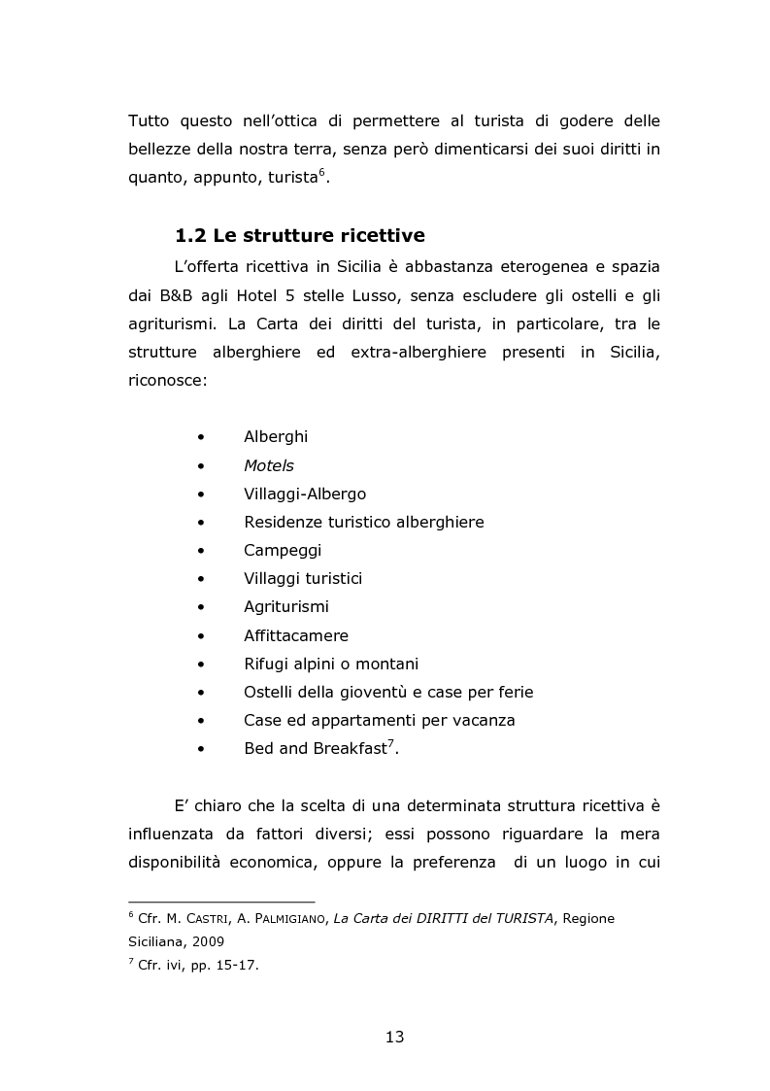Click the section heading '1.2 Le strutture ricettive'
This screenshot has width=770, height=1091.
click(299, 236)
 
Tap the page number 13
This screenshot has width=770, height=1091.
click(394, 1037)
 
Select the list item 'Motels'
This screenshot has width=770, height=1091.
click(269, 465)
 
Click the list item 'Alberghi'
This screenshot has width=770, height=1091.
click(276, 437)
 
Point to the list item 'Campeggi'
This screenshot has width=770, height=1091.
click(283, 550)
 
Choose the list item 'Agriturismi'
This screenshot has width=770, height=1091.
click(286, 607)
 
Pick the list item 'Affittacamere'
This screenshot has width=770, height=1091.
click(296, 635)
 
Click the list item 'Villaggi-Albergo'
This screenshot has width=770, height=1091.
click(305, 494)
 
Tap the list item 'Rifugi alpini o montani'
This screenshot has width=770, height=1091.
click(331, 664)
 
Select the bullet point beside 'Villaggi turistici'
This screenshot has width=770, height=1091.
click(201, 579)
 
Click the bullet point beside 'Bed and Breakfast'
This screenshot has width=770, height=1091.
click(201, 749)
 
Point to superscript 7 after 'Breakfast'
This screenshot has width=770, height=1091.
click(389, 743)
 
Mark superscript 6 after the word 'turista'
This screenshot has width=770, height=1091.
click(322, 172)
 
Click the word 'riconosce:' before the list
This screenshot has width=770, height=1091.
click(167, 381)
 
